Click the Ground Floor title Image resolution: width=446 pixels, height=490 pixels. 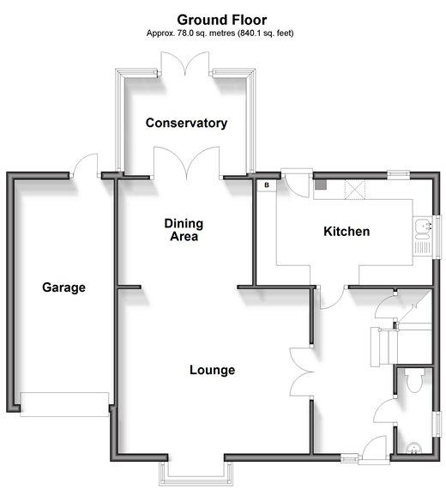pos(222,20)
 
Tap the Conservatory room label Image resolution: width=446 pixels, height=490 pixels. pos(186,123)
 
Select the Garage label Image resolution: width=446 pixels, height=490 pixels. pos(63,287)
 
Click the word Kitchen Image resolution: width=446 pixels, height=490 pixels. pos(347,232)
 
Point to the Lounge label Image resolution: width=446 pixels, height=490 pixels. pos(213,370)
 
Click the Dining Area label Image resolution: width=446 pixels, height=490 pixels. pos(184,230)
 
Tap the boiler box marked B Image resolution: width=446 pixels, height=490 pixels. pos(267,185)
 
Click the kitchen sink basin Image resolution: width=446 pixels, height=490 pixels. pos(422,226)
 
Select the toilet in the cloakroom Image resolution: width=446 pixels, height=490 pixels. pos(414,380)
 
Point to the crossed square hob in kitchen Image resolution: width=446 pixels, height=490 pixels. pos(354,190)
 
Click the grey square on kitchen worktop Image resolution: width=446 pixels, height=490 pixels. pos(321,185)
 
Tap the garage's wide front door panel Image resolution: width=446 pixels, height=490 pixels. pos(64,404)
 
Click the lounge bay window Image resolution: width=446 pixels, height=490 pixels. pos(196,474)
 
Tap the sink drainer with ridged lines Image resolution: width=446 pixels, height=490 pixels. pos(422,247)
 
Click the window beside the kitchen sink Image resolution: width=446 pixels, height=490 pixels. pos(439,237)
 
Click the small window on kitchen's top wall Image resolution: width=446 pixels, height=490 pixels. pos(399,175)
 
